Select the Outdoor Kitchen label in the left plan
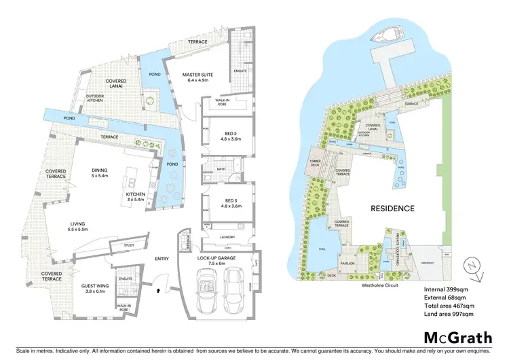point(94,99)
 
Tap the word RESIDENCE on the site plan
point(392,208)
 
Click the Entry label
point(162,258)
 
